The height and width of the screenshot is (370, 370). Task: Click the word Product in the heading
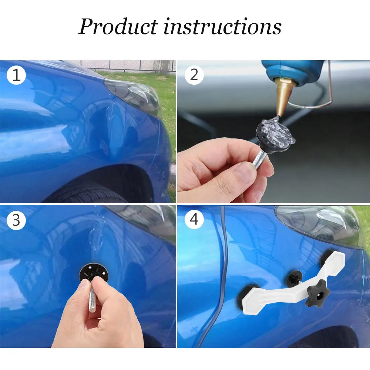coord(118,26)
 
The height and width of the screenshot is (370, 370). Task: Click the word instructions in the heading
coord(222,26)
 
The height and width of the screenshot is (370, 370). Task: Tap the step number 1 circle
coord(16,75)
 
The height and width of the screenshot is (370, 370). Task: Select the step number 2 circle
coord(194,75)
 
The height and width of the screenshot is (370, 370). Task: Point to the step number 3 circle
coord(16,220)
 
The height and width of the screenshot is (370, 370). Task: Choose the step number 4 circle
coord(194,219)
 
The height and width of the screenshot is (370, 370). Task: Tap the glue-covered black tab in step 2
coord(276,135)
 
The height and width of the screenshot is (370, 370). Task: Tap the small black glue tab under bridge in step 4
coord(294,279)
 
